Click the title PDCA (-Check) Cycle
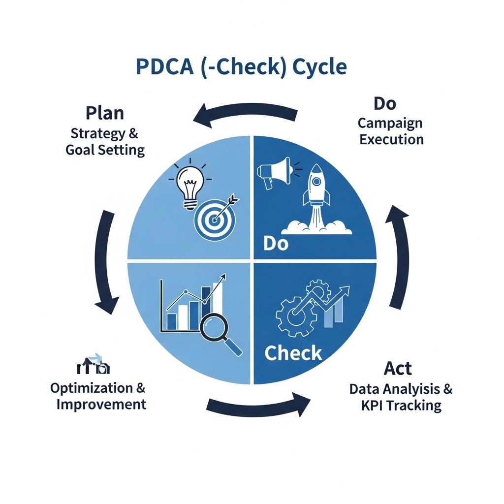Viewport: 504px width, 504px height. (241, 67)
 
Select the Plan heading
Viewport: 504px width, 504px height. (105, 113)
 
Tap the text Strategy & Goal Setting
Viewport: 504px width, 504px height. (105, 142)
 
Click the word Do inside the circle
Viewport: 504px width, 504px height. (276, 243)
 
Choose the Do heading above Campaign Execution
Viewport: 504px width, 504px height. (385, 103)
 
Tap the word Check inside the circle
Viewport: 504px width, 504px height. (293, 353)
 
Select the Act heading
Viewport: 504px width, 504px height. (398, 368)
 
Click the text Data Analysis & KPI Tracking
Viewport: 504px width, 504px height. (401, 397)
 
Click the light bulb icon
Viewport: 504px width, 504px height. (189, 184)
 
